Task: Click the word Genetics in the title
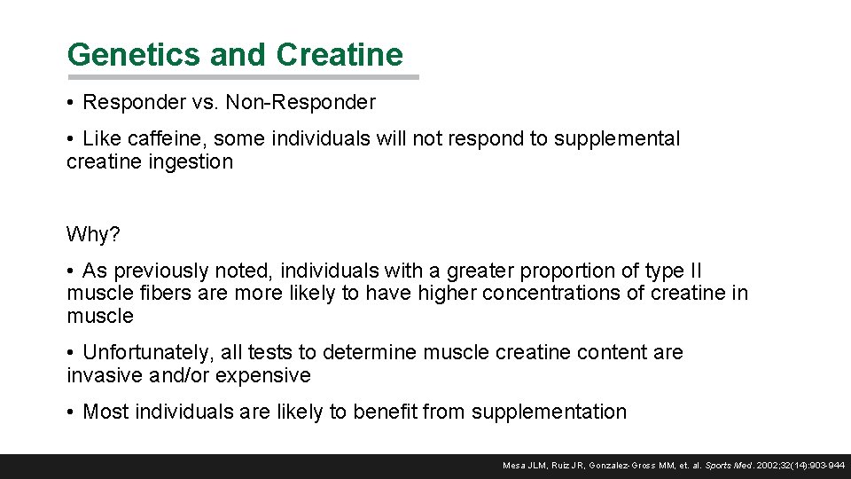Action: tap(134, 55)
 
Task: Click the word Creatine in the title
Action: tap(340, 55)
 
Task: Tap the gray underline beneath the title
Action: tap(243, 77)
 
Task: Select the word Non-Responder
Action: tap(301, 102)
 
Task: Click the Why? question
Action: tap(92, 235)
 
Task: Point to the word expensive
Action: tap(267, 375)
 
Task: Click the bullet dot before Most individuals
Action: tap(70, 412)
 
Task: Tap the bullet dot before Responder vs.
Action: tap(70, 102)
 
